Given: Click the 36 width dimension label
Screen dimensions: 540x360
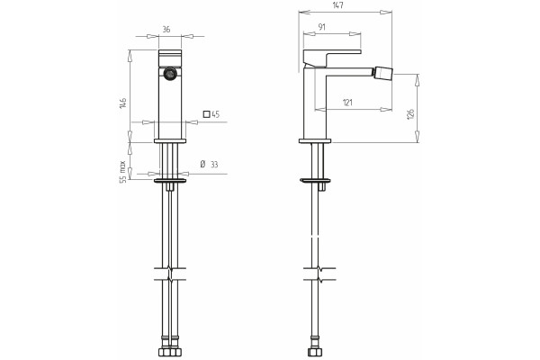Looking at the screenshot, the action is (166, 30).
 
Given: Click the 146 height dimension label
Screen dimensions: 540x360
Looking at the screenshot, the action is (123, 103).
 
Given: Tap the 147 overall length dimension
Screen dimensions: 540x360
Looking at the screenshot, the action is (338, 5).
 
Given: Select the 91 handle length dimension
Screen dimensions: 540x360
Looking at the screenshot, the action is (322, 27).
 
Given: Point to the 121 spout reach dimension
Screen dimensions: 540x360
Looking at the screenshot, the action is (347, 103).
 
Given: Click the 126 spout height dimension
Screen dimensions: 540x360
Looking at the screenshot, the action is (410, 114).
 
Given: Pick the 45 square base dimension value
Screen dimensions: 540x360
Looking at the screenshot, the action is (216, 114).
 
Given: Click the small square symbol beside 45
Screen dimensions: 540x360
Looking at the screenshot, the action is (207, 114).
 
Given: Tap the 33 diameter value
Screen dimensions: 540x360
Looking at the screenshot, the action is (214, 165).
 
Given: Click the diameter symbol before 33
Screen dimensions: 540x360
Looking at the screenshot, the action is (202, 164).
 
